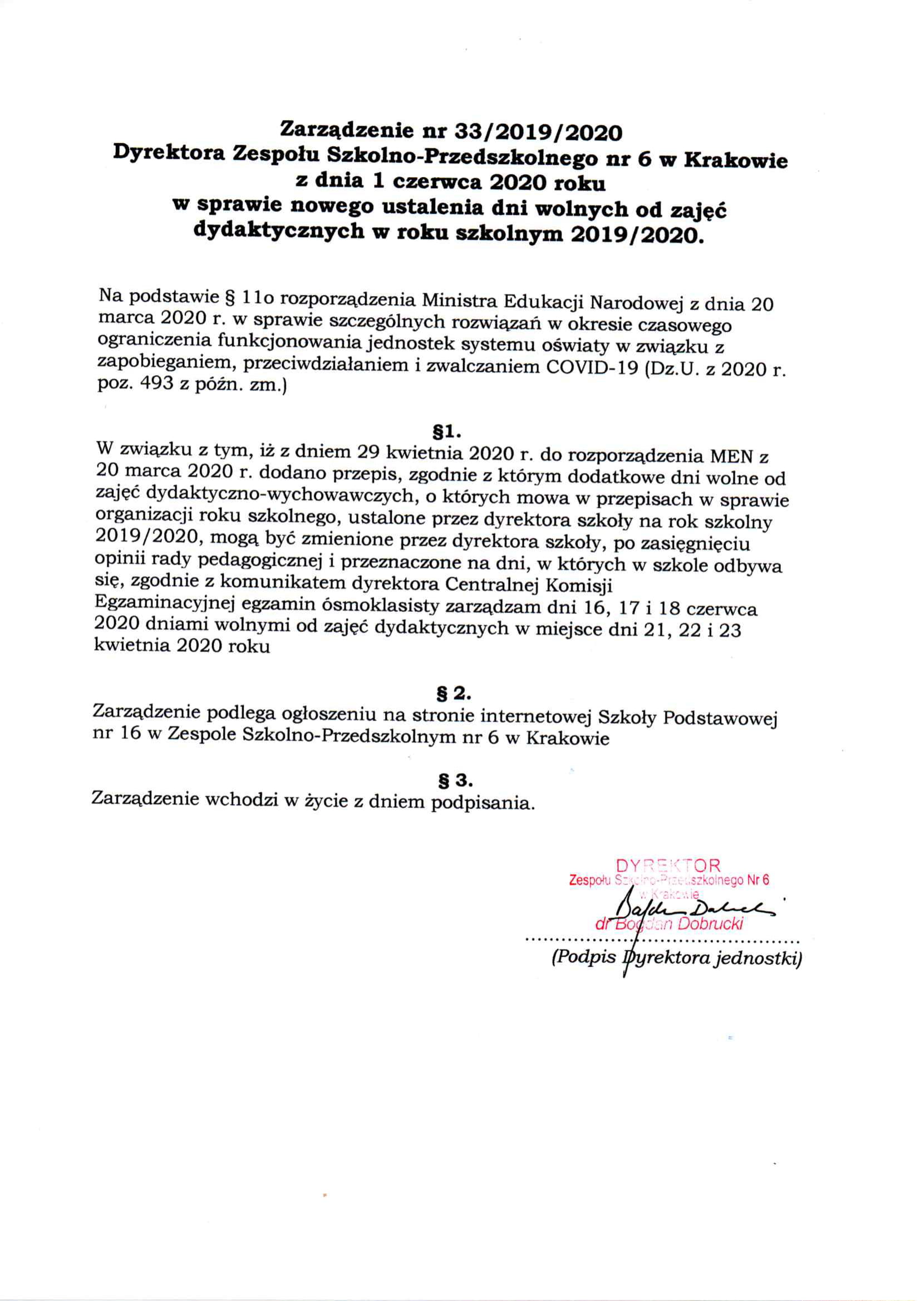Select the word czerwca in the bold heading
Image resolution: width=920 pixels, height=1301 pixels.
click(x=435, y=183)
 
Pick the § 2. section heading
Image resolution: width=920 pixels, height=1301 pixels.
click(x=451, y=694)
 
